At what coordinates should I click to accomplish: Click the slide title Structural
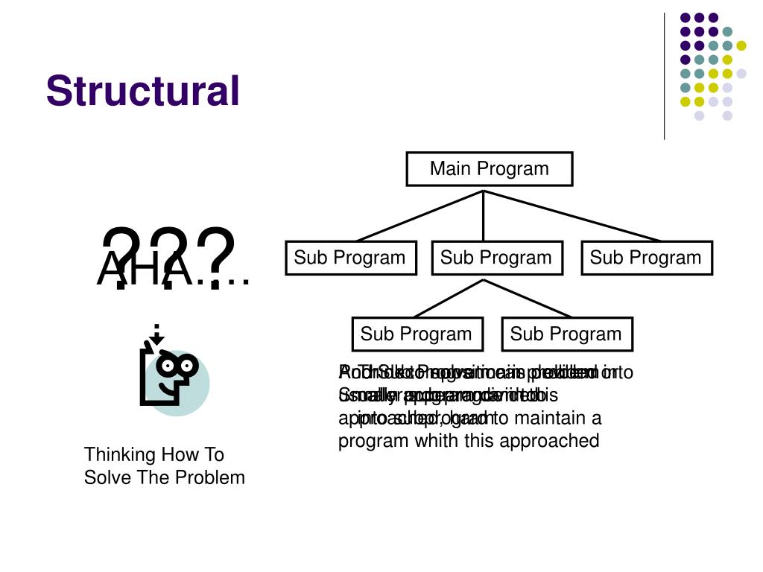point(142,91)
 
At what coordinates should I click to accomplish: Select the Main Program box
point(489,169)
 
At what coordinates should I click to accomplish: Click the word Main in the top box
point(449,169)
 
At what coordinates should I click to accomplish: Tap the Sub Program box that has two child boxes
point(496,258)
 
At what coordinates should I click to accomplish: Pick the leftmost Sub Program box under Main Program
point(349,258)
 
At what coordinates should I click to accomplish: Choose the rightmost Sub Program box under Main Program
point(646,258)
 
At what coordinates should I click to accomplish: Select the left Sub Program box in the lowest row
point(417,334)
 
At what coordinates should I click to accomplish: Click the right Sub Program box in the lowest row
point(566,334)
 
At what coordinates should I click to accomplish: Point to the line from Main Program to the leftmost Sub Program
point(421,216)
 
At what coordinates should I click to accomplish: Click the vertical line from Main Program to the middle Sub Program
point(484,216)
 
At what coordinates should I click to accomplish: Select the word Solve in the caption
point(106,477)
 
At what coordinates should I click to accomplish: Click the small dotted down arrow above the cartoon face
point(156,335)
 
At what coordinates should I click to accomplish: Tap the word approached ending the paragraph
point(553,441)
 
